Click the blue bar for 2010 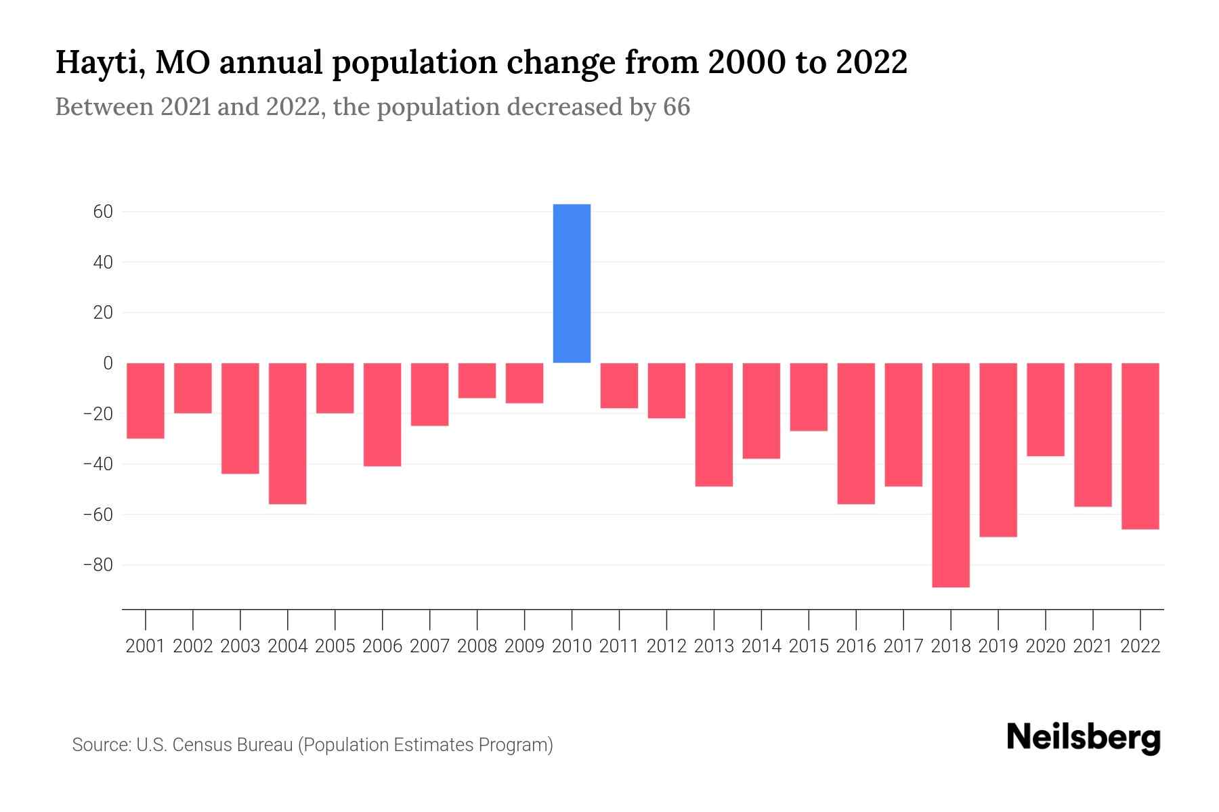(x=572, y=284)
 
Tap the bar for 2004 (x=288, y=433)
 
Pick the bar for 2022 (x=1140, y=446)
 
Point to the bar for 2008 (x=477, y=380)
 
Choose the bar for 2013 (x=714, y=424)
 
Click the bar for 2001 (x=146, y=401)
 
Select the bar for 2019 (x=998, y=450)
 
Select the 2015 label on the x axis (x=809, y=646)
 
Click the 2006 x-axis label (x=383, y=646)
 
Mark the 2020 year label (x=1046, y=646)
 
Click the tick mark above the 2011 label (x=619, y=618)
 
